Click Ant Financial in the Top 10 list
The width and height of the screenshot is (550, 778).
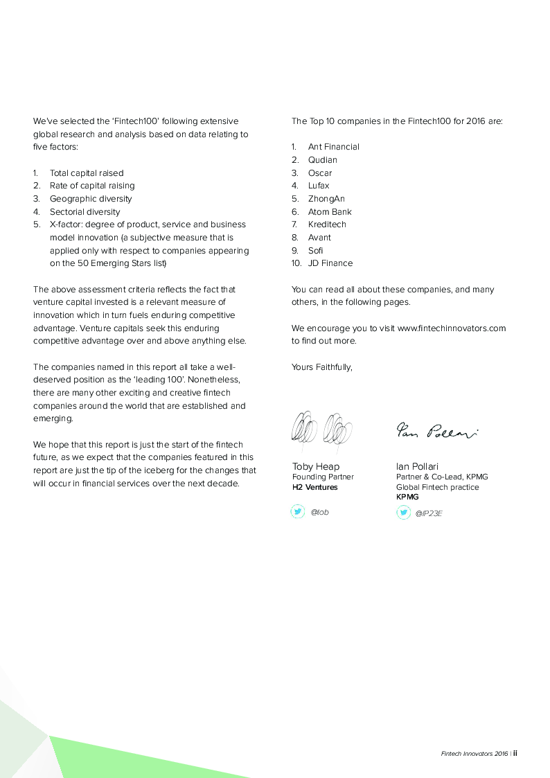[333, 147]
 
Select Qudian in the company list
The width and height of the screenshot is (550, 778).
[323, 160]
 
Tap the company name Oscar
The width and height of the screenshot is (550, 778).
[320, 173]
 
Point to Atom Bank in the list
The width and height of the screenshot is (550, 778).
[330, 212]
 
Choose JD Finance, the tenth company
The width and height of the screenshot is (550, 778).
[330, 263]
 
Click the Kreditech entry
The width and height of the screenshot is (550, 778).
[327, 224]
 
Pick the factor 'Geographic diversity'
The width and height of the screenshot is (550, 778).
[91, 199]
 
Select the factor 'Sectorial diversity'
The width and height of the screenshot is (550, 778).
[85, 212]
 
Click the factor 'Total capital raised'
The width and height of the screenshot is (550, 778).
[87, 173]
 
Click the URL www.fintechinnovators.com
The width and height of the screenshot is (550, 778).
[452, 328]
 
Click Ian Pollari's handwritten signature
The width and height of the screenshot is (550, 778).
[436, 432]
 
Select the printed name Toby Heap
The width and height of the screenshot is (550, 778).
[316, 466]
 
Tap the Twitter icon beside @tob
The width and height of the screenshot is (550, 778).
[298, 512]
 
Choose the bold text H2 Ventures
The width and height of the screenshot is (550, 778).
[314, 487]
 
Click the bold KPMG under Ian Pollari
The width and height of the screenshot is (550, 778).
[407, 497]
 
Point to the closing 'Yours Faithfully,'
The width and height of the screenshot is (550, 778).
[322, 367]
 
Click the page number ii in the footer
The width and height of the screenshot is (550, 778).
[515, 754]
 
